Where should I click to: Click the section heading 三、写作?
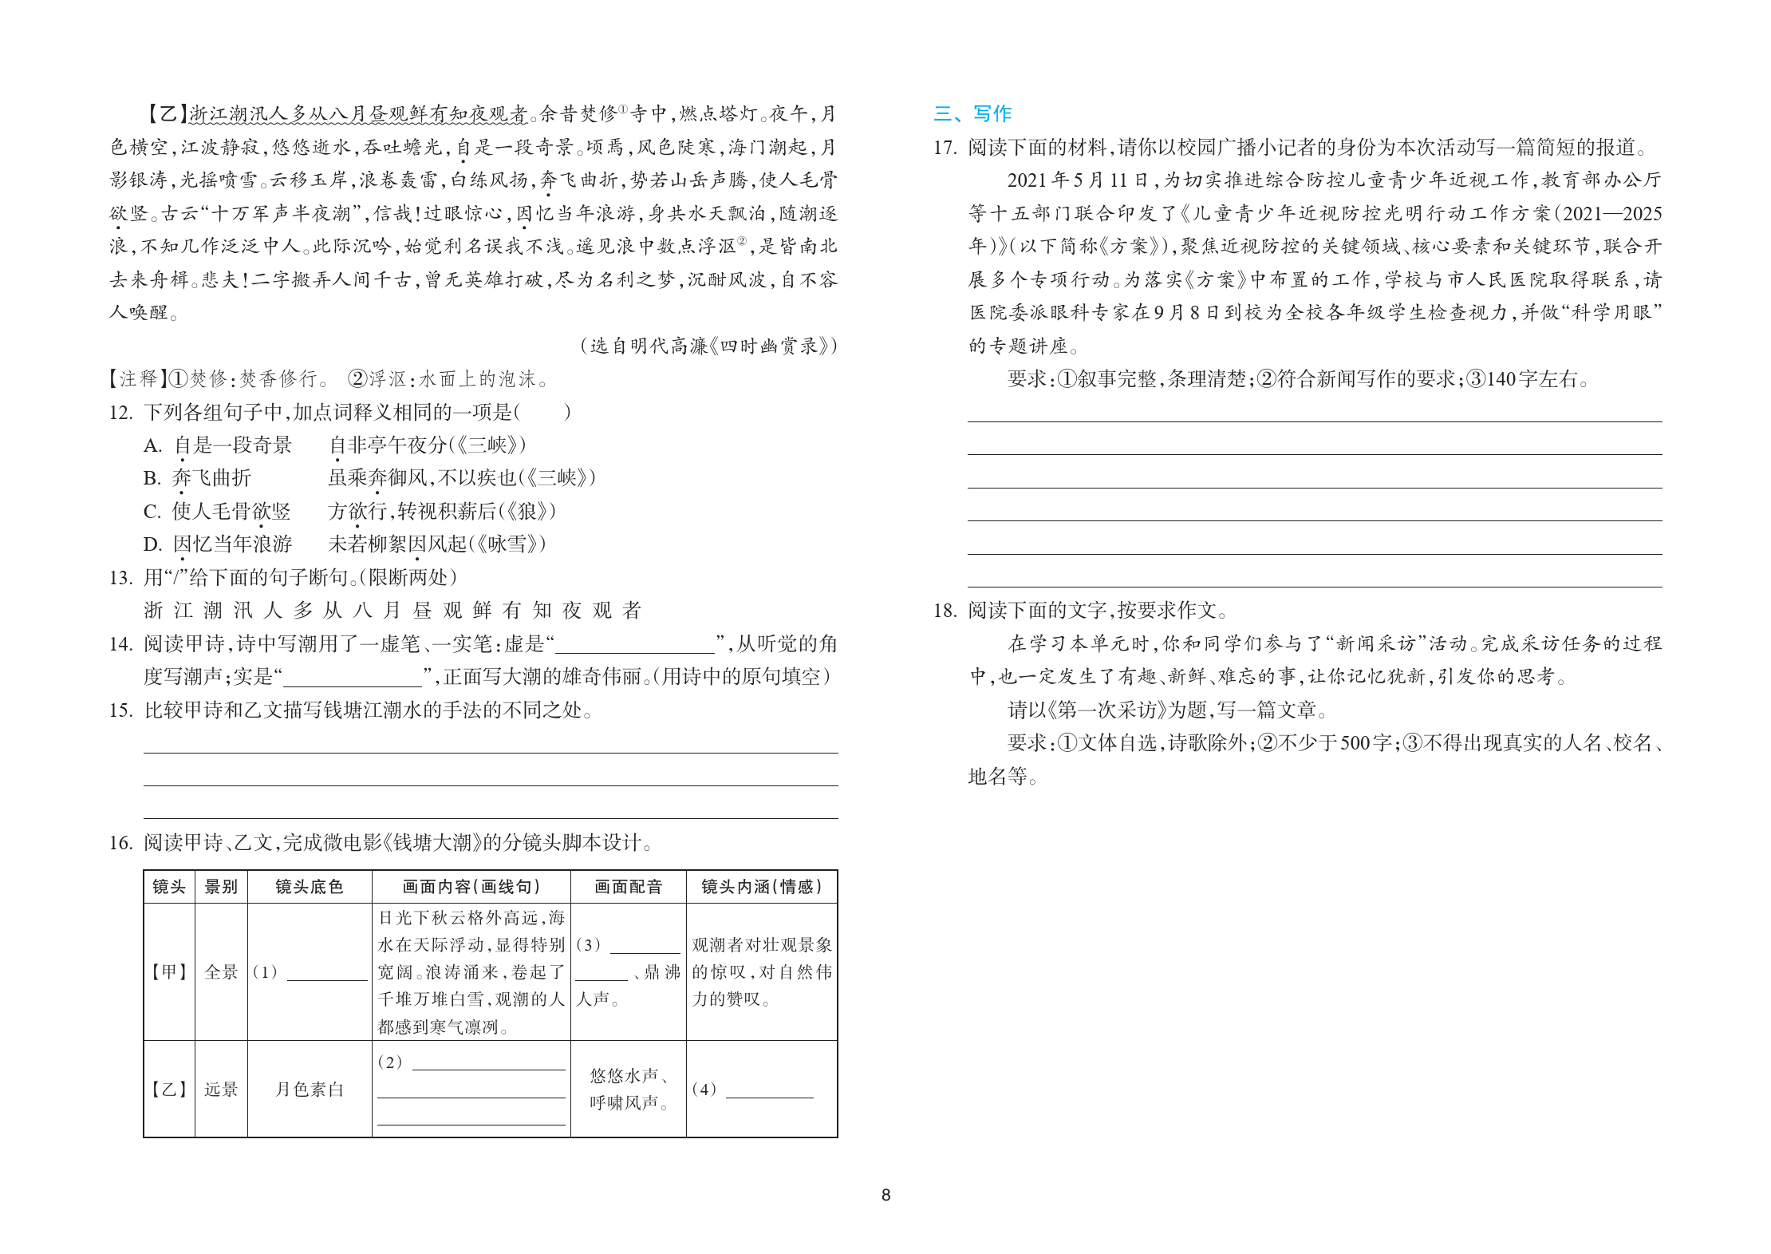coord(972,113)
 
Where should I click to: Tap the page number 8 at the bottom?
coord(885,1195)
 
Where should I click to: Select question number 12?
coord(120,413)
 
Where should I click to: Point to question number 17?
coord(945,148)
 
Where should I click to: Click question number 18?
coord(945,611)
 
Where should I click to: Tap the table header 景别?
coord(221,887)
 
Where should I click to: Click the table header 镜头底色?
coord(310,887)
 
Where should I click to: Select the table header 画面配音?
coord(629,887)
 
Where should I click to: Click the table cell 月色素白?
coord(310,1090)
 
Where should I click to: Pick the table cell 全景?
coord(221,972)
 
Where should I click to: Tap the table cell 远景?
coord(221,1090)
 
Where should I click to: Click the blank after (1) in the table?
coord(326,974)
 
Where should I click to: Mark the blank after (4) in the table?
coord(769,1091)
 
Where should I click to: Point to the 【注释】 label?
coord(136,379)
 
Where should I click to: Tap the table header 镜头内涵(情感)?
coord(761,887)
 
